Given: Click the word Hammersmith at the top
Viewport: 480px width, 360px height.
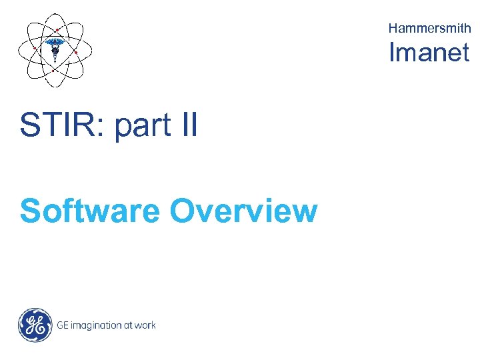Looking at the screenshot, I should (x=429, y=28).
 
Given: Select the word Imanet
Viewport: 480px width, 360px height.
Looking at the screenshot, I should (x=429, y=53).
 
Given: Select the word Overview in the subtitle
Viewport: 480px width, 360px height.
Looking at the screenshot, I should (x=243, y=211).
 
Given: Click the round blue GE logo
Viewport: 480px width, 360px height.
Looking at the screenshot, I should (x=35, y=325).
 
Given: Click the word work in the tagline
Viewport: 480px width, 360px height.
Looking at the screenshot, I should (x=145, y=325).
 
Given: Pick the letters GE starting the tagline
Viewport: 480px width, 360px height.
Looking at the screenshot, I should (x=62, y=325).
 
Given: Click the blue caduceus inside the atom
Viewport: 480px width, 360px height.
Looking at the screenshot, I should (x=55, y=49).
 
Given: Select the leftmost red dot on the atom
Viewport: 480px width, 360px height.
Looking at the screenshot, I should (x=35, y=48).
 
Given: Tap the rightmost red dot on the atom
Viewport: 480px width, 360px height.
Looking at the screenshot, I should (x=77, y=52).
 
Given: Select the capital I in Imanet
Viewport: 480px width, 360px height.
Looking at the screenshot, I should (x=393, y=53).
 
